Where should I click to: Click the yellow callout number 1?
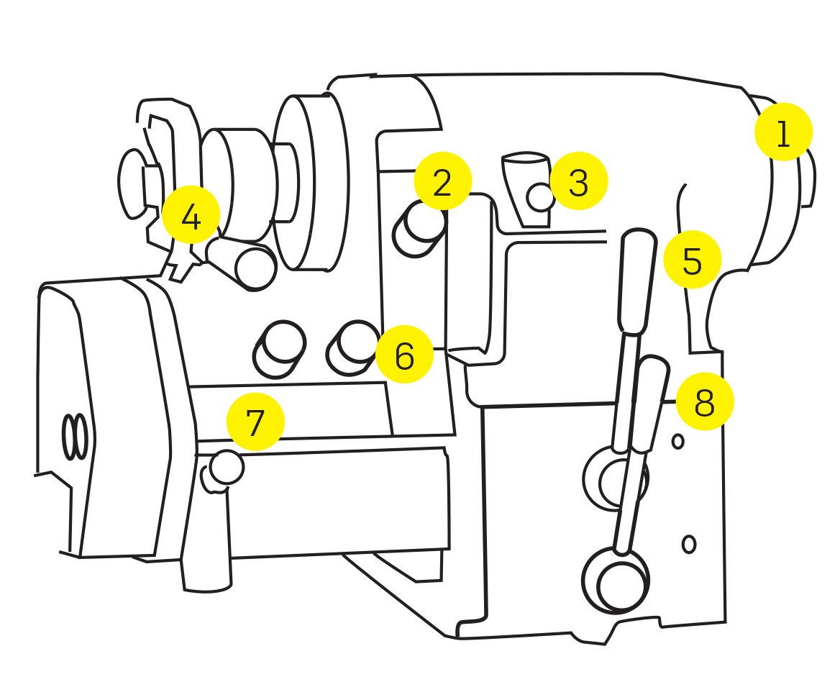pos(783,132)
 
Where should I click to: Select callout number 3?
pos(578,181)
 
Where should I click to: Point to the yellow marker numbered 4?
pos(191,215)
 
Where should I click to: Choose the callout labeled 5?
pos(692,260)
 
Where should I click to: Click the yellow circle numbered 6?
pos(404,354)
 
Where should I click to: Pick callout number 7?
pos(255,422)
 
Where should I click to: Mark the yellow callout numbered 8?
pos(704,402)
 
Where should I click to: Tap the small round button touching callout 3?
pos(540,197)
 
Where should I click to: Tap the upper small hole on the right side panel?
pos(677,441)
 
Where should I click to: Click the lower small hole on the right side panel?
pos(688,544)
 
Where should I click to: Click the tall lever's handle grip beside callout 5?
pos(637,281)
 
